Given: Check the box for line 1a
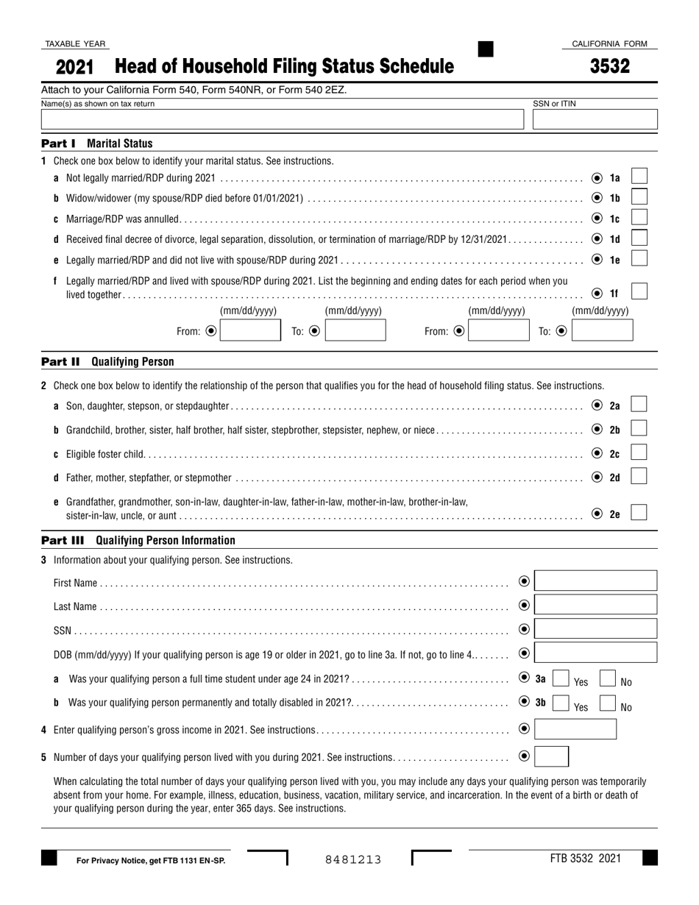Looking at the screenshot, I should (x=639, y=177).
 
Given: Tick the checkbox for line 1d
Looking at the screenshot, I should (x=639, y=238).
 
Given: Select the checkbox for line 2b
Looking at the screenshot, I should (x=639, y=428).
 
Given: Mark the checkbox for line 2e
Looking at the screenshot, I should (x=639, y=512).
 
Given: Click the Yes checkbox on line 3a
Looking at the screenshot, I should (x=560, y=678).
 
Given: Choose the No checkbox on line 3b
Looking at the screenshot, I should (x=608, y=703).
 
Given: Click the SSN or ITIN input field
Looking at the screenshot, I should (x=595, y=120).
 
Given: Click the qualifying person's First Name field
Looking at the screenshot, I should (x=595, y=581).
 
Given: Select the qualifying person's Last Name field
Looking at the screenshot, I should (x=595, y=606).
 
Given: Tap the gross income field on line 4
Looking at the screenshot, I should (x=575, y=728).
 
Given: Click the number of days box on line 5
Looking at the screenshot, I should (x=551, y=756).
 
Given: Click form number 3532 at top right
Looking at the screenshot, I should (x=609, y=67).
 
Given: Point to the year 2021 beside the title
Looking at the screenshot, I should (x=74, y=68).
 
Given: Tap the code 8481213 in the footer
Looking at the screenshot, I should (x=353, y=859).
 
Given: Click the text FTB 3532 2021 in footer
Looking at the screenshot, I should (x=585, y=858).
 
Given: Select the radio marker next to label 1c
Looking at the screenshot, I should (x=597, y=219).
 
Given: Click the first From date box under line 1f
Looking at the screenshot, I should (x=250, y=330).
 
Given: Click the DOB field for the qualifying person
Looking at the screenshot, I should (x=595, y=653).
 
